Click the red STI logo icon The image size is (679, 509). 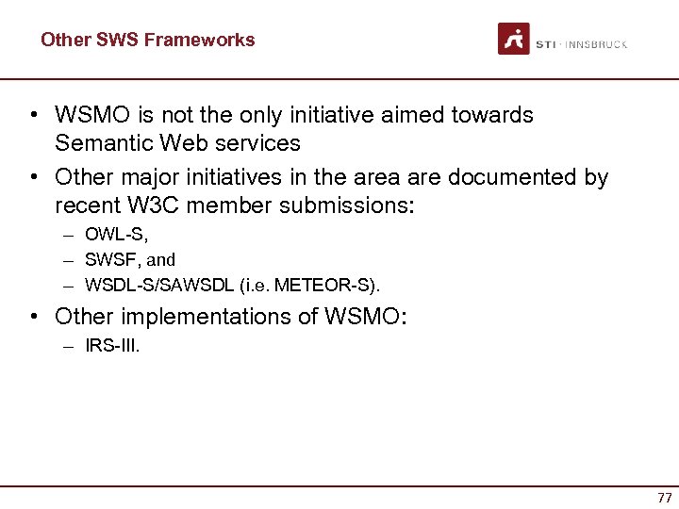coord(514,39)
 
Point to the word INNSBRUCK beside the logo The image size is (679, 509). coord(596,44)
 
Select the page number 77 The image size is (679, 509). coord(665,498)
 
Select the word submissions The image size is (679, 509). coord(350,205)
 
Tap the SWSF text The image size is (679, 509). coord(107,259)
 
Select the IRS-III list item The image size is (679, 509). coord(112,346)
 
